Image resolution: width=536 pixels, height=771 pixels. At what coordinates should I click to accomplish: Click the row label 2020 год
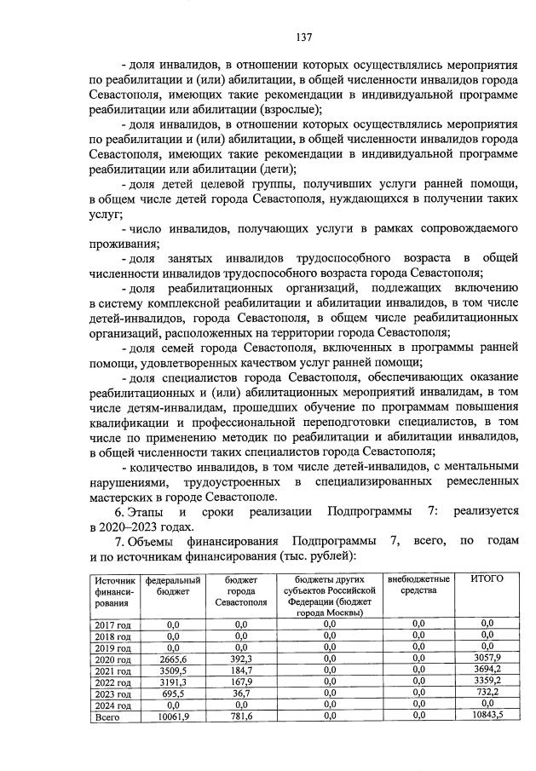[x=112, y=659]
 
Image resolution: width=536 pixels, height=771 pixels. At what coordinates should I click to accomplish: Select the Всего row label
[x=107, y=717]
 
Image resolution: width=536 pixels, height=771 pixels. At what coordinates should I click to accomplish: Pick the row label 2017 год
[x=112, y=624]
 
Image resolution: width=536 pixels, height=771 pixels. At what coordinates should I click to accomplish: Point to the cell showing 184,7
[x=240, y=670]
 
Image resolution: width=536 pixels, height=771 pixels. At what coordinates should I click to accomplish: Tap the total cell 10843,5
[x=486, y=717]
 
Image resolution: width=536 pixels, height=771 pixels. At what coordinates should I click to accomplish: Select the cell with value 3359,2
[x=486, y=682]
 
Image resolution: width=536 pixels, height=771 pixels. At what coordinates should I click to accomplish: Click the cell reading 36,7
[x=240, y=694]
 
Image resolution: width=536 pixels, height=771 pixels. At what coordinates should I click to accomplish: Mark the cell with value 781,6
[x=240, y=717]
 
